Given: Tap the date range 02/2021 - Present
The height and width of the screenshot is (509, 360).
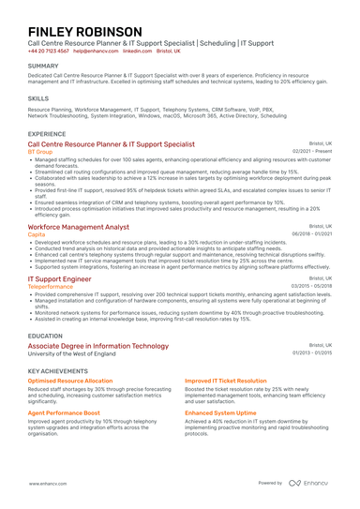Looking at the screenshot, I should point(312,152).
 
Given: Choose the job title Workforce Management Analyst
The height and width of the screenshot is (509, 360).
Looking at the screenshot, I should point(79,227).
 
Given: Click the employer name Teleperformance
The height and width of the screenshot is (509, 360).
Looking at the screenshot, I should point(52,286).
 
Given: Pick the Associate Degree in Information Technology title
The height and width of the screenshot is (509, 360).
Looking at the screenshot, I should point(98,346).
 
